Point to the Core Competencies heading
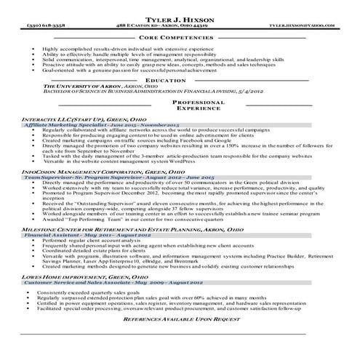(x=180, y=35)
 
